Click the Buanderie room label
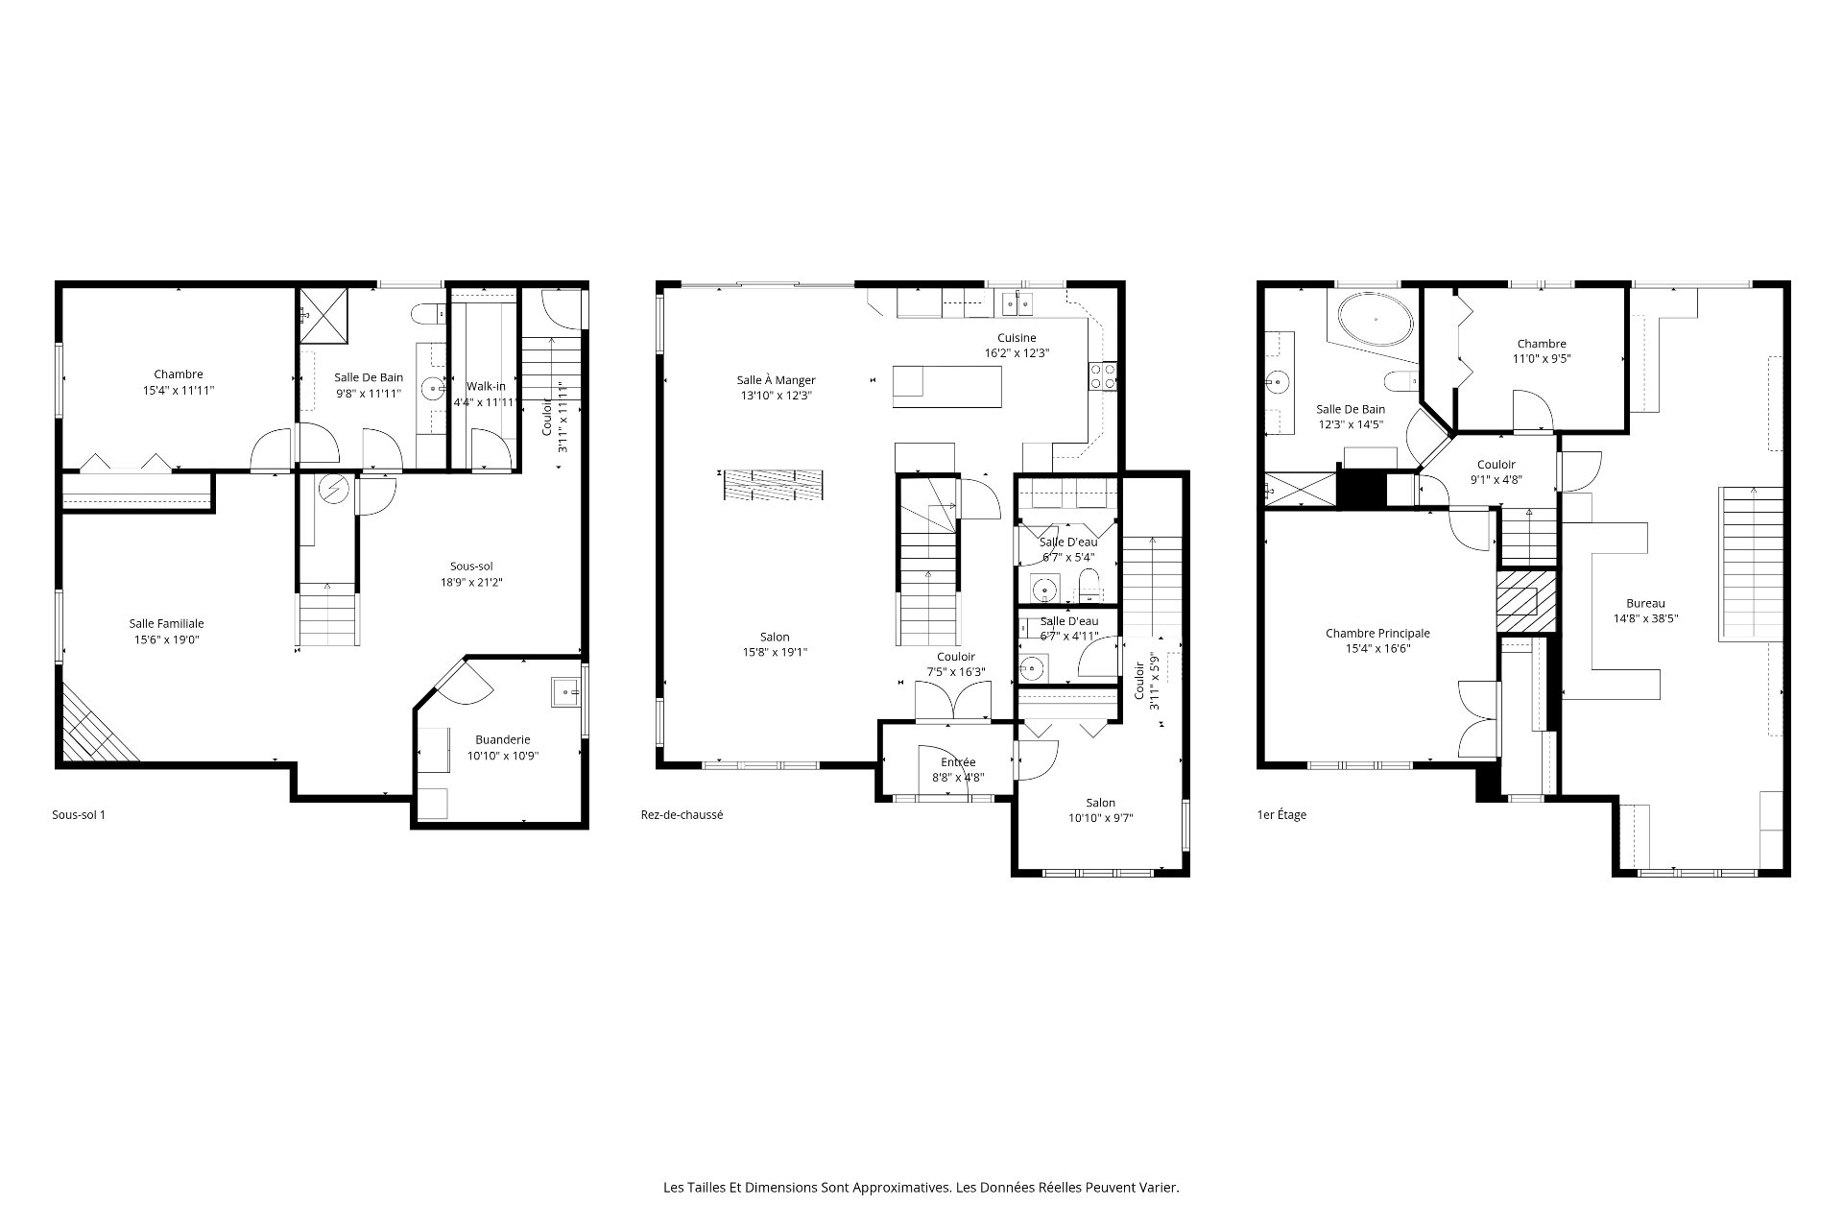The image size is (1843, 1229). (x=502, y=740)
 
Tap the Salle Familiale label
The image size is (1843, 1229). (x=167, y=624)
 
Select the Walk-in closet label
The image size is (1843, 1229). (x=486, y=387)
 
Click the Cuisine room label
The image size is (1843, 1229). (x=1017, y=338)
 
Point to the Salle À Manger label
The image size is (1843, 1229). (x=776, y=380)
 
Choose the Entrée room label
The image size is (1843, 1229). (x=958, y=762)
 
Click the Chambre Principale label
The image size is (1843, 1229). (x=1377, y=634)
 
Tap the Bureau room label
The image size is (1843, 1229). (x=1645, y=604)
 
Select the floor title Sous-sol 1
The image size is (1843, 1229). (x=79, y=815)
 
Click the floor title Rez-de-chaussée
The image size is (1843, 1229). (x=682, y=815)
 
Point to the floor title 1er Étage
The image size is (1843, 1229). (x=1281, y=815)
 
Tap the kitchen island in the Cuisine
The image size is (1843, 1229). (x=947, y=387)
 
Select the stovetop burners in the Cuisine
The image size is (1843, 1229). (x=1103, y=375)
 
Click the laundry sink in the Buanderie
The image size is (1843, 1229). (x=565, y=692)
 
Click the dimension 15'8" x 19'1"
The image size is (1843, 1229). (x=775, y=653)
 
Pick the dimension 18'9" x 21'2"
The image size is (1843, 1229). (x=471, y=582)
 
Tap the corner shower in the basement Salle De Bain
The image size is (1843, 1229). (x=322, y=313)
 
